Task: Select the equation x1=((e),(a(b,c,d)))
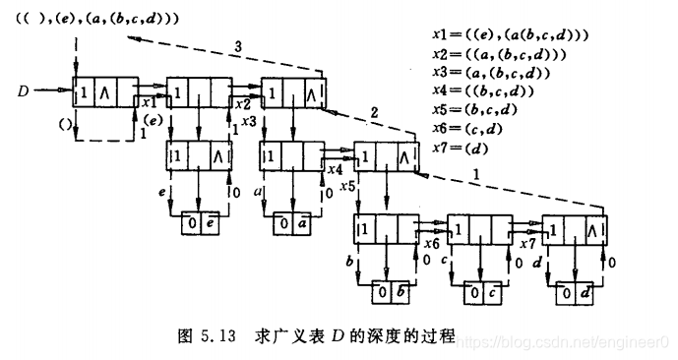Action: [x=509, y=34]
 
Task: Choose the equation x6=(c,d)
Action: [x=470, y=128]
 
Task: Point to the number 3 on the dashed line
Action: [x=237, y=45]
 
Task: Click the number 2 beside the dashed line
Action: [x=376, y=113]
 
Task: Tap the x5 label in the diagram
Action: [x=345, y=184]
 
